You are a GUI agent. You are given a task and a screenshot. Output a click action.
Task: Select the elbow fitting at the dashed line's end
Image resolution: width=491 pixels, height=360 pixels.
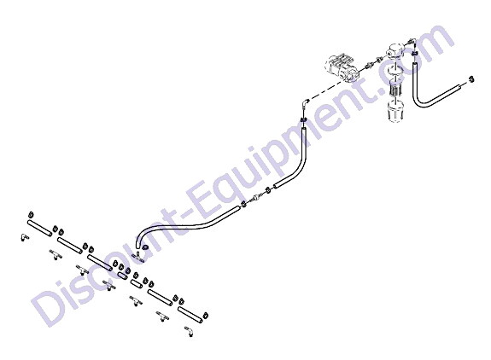(x=305, y=103)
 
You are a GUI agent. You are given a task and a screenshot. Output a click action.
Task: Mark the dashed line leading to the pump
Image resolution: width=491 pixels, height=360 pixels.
(x=325, y=91)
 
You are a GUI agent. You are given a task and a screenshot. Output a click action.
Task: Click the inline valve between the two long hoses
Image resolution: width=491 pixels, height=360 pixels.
(x=255, y=198)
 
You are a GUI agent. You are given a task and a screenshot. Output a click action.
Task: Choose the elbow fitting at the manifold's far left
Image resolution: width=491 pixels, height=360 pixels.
(x=25, y=237)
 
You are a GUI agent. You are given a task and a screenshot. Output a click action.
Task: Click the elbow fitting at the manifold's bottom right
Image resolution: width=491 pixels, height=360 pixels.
(x=189, y=331)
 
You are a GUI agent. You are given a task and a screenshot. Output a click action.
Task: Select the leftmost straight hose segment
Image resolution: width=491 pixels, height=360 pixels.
(x=39, y=229)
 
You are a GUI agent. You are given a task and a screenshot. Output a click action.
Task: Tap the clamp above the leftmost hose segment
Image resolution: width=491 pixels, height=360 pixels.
(x=31, y=215)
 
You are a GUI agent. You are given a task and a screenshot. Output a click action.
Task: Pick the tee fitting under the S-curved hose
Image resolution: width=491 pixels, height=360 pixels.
(x=137, y=256)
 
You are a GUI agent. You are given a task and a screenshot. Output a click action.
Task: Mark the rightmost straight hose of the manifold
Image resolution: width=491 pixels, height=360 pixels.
(x=190, y=315)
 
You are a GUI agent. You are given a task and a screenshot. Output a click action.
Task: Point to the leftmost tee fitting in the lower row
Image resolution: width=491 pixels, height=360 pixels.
(x=56, y=254)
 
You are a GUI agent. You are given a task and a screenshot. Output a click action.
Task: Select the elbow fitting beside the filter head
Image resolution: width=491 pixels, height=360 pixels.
(x=411, y=43)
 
